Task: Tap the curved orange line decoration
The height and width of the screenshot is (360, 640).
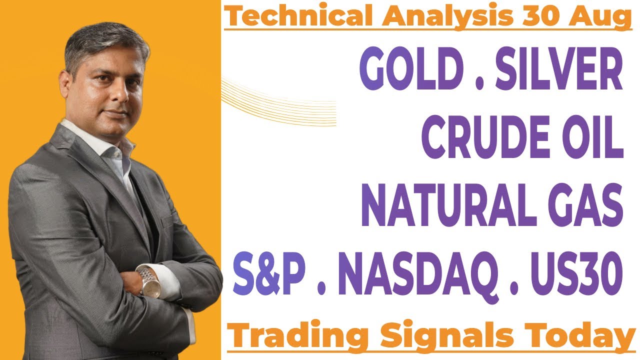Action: [x=280, y=102]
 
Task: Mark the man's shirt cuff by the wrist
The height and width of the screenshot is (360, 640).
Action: [x=167, y=280]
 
